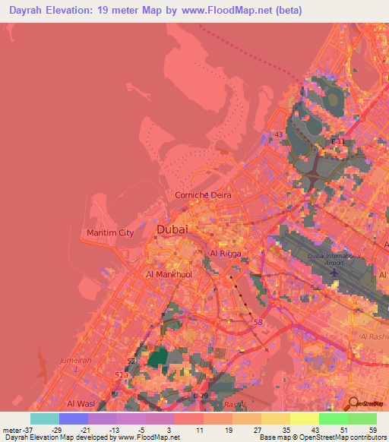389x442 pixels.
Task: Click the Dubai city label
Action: coord(172,229)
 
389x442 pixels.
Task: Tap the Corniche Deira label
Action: coord(203,195)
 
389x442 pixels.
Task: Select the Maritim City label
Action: coord(110,233)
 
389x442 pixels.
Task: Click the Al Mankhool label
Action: coord(171,274)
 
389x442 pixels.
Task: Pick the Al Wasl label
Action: coord(81,403)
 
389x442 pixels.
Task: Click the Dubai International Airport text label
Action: coord(335,257)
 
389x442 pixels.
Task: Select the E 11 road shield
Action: coord(338,141)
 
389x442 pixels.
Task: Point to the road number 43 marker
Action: coord(278,134)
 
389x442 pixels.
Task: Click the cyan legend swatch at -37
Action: coord(45,418)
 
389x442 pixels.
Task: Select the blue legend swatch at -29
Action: coord(74,418)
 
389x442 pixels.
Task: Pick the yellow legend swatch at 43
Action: coord(305,418)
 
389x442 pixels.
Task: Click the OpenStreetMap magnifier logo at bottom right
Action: coord(353,405)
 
